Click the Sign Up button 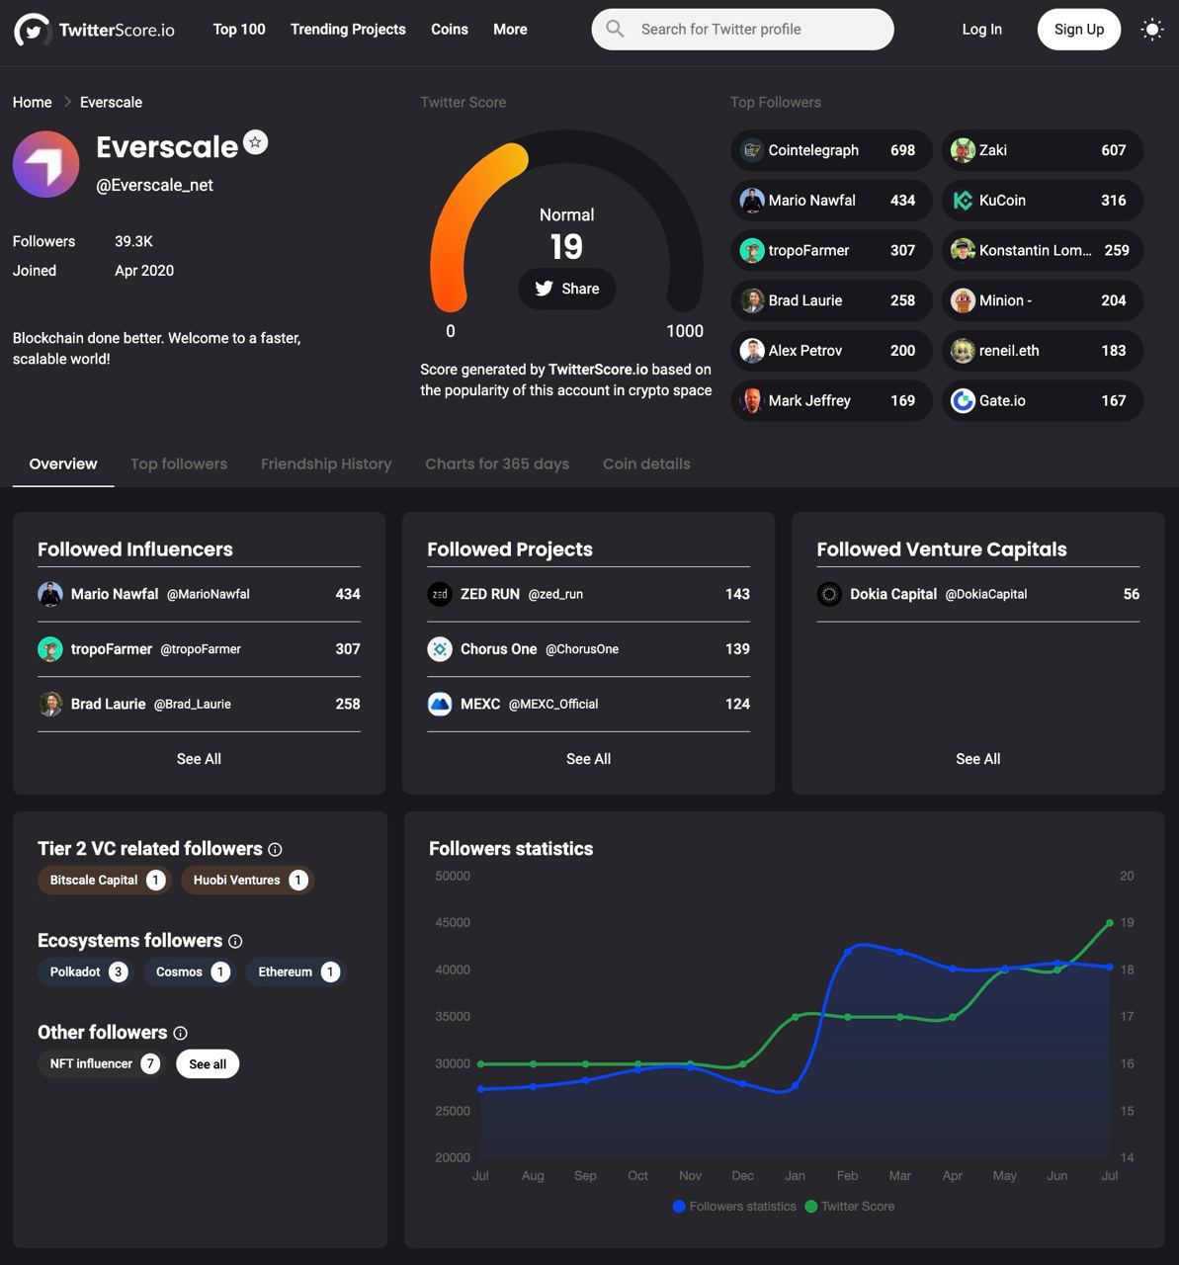pos(1078,30)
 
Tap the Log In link pos(981,30)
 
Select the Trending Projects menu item pos(348,30)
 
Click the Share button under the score pos(567,289)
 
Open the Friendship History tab pos(326,464)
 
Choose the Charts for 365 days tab pos(497,464)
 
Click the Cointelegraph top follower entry pos(831,150)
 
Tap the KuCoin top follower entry pos(1042,201)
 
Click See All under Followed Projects pos(588,759)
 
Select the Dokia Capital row pos(977,594)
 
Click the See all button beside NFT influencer pos(208,1064)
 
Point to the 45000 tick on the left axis pos(453,923)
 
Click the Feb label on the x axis pos(847,1176)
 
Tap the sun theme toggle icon pos(1152,30)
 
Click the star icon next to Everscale pos(256,143)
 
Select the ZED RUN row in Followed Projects pos(588,594)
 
